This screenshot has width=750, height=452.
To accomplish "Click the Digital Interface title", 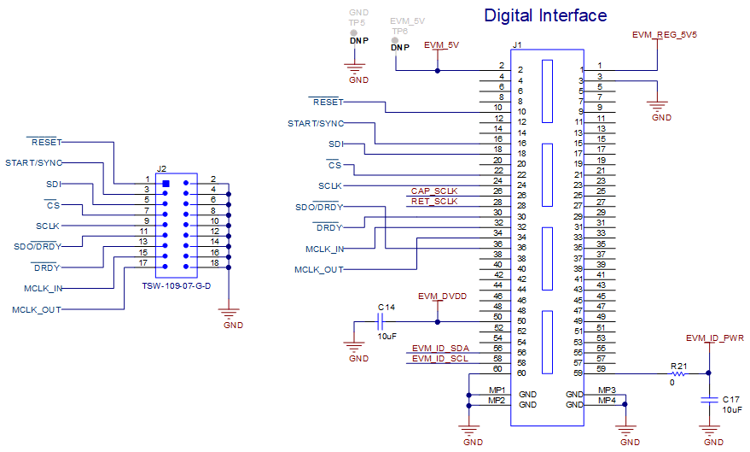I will (x=545, y=15).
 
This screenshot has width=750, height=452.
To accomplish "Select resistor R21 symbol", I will (x=679, y=373).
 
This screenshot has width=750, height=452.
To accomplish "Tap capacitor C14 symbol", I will (x=382, y=321).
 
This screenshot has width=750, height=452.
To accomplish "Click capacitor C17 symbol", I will (x=707, y=399).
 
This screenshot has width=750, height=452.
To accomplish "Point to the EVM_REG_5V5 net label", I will (x=665, y=36).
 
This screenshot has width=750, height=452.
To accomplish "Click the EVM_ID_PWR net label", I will (x=714, y=338).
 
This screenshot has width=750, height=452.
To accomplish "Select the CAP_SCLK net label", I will (x=434, y=191).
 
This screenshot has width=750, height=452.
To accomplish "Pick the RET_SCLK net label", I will (x=434, y=202).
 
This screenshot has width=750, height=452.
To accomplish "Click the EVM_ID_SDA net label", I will (x=439, y=349).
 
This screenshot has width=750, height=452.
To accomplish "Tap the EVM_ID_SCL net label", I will (x=439, y=359).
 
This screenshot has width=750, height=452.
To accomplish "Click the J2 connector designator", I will (x=161, y=170).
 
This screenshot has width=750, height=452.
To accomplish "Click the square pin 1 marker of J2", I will (x=166, y=184).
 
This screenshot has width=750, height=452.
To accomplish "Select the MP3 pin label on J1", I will (x=607, y=390).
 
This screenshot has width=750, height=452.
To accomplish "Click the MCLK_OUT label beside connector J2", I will (x=37, y=309).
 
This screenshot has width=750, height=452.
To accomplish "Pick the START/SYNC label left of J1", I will (x=316, y=124).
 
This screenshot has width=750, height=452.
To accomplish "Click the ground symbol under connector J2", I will (x=228, y=314).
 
